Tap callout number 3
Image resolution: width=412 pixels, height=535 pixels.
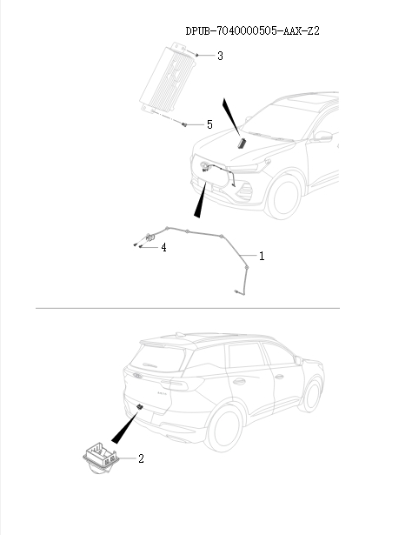(x=220, y=56)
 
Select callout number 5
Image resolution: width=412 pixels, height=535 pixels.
(x=209, y=124)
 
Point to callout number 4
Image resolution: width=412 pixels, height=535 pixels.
(x=163, y=247)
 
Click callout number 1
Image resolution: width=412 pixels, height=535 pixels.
(x=262, y=257)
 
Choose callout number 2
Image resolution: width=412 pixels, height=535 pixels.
(x=141, y=457)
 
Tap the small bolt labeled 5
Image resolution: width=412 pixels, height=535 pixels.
(x=185, y=124)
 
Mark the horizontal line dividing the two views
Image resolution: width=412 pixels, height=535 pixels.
(x=187, y=307)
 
